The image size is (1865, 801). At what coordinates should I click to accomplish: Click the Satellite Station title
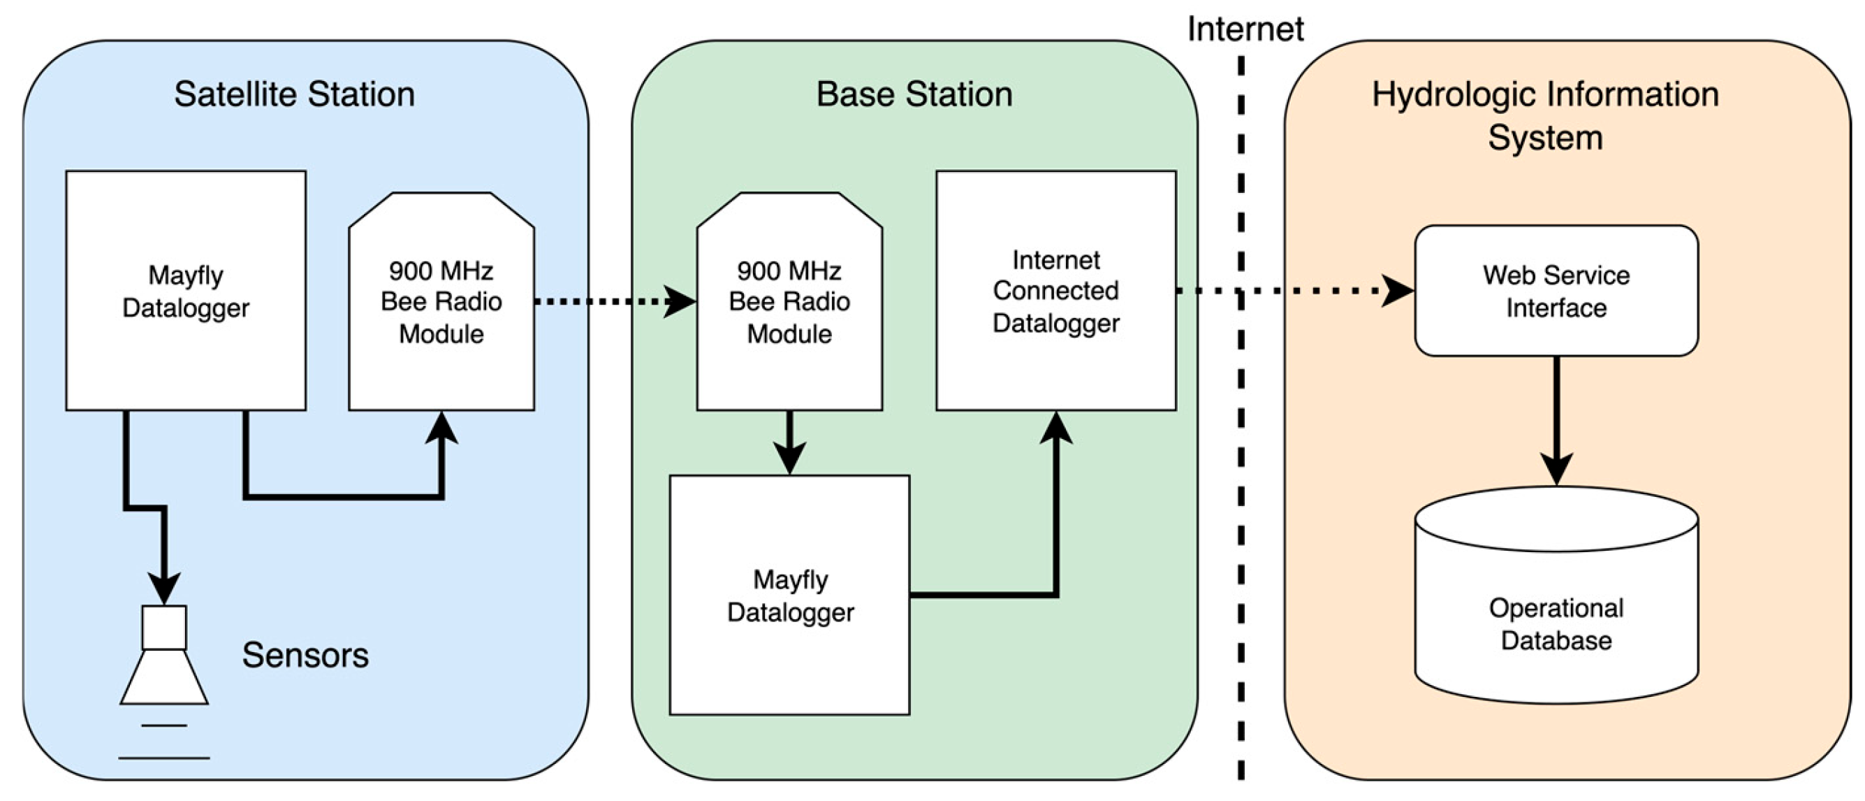(x=294, y=95)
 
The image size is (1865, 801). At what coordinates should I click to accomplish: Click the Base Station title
(x=914, y=95)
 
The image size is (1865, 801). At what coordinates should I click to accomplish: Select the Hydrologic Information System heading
(x=1545, y=116)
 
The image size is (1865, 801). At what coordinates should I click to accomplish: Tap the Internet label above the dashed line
(x=1245, y=29)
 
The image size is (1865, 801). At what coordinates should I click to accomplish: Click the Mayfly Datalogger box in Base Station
(x=790, y=596)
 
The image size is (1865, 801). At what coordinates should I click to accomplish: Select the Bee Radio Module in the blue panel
(x=441, y=302)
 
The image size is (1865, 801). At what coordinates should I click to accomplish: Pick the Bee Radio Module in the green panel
(x=789, y=302)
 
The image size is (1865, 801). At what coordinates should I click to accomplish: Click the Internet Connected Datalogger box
(x=1055, y=291)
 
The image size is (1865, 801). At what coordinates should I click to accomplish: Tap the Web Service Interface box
(x=1556, y=291)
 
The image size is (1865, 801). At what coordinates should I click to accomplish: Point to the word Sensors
(x=305, y=655)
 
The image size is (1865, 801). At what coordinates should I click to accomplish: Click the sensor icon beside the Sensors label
(x=164, y=656)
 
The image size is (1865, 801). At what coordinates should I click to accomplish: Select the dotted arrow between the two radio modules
(x=608, y=301)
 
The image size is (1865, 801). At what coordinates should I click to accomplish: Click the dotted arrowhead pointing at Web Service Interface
(x=1397, y=291)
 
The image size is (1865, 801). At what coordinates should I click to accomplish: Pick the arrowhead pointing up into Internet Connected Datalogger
(x=1056, y=428)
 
